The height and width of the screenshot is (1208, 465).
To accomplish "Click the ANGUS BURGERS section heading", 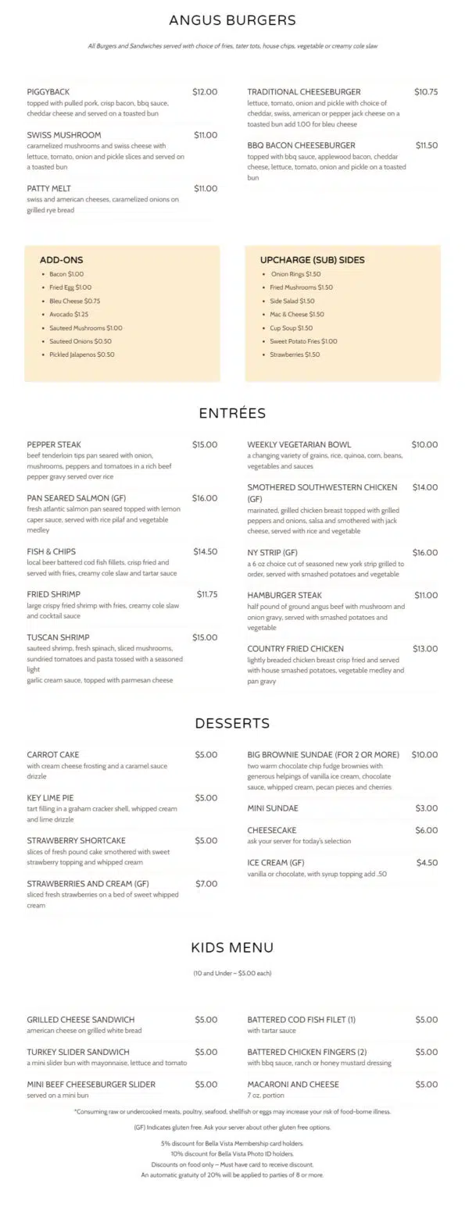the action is (232, 20).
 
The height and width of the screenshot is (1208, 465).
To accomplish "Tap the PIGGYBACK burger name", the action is (48, 92).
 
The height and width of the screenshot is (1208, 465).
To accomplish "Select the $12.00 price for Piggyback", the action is (205, 92).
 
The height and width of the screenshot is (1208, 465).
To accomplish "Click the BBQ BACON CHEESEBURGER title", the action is (301, 145).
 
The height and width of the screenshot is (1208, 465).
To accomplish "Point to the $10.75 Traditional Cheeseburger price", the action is (426, 92).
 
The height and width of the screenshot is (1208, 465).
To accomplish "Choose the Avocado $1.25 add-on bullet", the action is (69, 315).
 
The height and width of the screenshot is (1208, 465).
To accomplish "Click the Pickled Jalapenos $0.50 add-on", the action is (81, 355).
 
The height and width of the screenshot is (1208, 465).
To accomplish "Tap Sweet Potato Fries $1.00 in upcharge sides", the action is (303, 341).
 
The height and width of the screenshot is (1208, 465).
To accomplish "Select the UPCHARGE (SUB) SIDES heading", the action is (312, 260).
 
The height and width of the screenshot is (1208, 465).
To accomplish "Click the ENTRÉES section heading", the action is (232, 414).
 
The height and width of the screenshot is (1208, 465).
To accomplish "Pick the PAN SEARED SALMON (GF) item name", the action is (76, 498).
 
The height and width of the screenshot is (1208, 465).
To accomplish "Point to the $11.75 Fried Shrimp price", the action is (207, 594).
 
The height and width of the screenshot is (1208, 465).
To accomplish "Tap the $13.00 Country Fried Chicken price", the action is (425, 649).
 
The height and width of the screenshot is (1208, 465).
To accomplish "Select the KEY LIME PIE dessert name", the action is (50, 798).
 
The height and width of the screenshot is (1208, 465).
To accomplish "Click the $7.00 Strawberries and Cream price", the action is (206, 884).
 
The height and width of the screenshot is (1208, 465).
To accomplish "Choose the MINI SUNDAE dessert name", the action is (273, 808).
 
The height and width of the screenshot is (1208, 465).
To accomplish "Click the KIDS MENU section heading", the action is (232, 948).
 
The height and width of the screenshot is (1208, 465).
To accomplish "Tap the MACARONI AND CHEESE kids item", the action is (293, 1085).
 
